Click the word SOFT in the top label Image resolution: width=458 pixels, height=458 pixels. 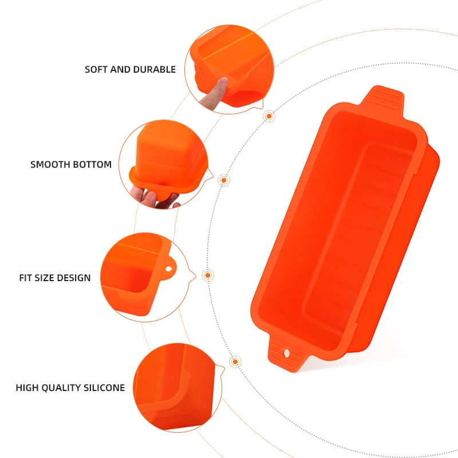[x=96, y=70]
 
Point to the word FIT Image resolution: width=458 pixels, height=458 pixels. [x=26, y=278]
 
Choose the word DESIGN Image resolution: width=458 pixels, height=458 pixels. [x=73, y=278]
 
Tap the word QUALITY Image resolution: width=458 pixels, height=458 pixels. [x=62, y=388]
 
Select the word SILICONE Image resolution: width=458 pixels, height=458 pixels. [x=105, y=388]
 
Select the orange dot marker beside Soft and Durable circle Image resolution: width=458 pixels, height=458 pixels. [x=269, y=116]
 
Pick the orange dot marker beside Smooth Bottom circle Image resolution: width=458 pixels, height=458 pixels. [x=224, y=180]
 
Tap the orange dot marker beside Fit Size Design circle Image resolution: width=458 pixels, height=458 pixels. [x=208, y=275]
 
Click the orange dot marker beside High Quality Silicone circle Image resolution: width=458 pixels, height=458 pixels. [x=235, y=362]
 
